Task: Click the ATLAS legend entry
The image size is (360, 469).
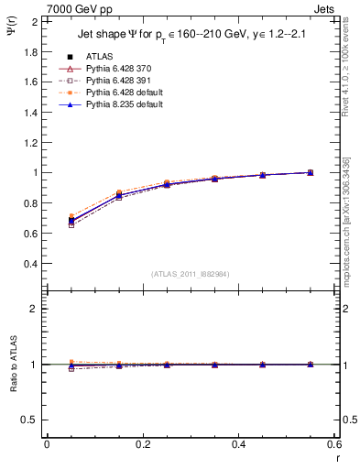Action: [99, 57]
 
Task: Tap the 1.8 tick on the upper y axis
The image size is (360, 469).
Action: [31, 51]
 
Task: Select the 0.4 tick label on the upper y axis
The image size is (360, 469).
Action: [31, 264]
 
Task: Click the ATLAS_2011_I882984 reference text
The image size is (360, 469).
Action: [188, 274]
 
